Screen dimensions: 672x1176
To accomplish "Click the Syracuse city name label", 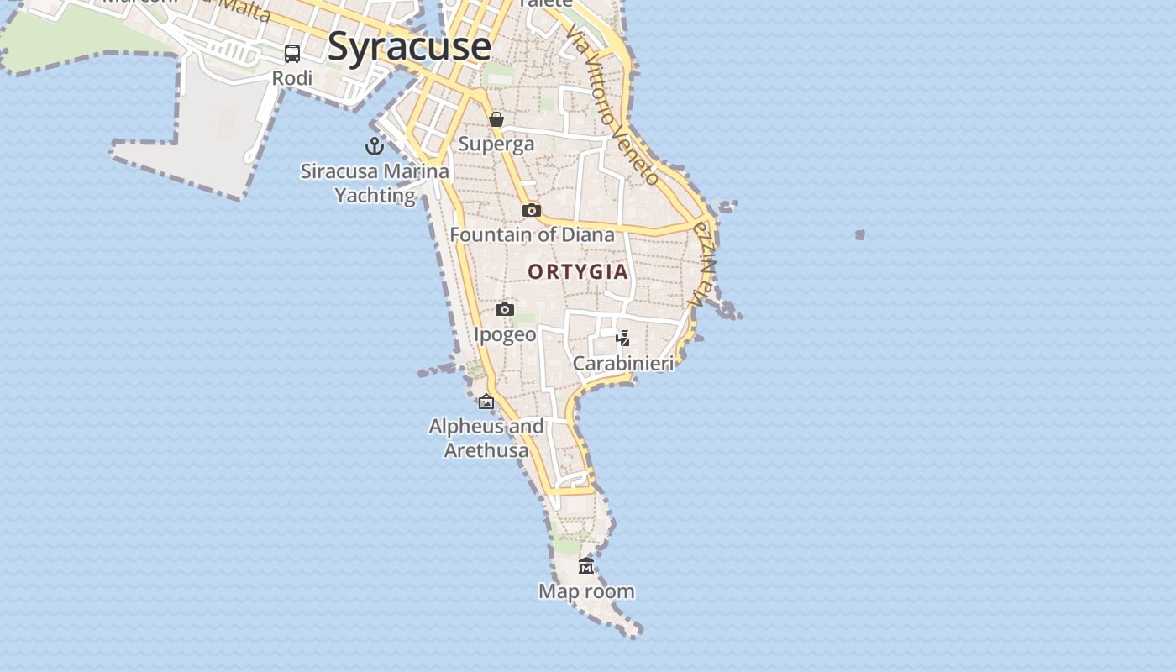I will click(x=409, y=46).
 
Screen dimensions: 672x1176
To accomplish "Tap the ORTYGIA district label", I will click(x=578, y=271).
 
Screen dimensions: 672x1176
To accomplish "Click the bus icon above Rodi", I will click(x=292, y=54).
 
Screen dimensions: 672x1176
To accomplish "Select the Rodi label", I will click(x=292, y=78).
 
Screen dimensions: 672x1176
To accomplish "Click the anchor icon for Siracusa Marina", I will click(x=375, y=147).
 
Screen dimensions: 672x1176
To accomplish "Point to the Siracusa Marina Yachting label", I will click(x=375, y=183).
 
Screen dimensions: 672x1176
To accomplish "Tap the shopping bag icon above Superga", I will click(x=496, y=119).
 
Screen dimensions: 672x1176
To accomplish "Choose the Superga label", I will click(x=496, y=144).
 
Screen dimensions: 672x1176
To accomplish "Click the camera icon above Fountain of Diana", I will click(x=532, y=210).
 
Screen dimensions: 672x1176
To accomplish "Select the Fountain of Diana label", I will click(x=532, y=234).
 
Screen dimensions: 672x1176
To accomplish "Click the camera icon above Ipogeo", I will click(x=505, y=309).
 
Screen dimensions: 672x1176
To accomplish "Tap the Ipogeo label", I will click(x=505, y=334).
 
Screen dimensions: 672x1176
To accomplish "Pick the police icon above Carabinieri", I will click(x=623, y=339).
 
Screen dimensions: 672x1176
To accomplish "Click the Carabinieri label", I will click(x=623, y=364).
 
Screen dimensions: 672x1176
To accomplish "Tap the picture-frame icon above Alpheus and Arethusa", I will click(x=486, y=402).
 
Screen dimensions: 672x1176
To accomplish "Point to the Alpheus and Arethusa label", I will click(x=486, y=438).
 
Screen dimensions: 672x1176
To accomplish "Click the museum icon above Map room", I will click(x=586, y=566).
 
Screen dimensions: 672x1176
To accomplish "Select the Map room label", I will click(x=586, y=591).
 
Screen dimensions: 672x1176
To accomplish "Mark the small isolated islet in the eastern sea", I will click(x=860, y=235).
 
